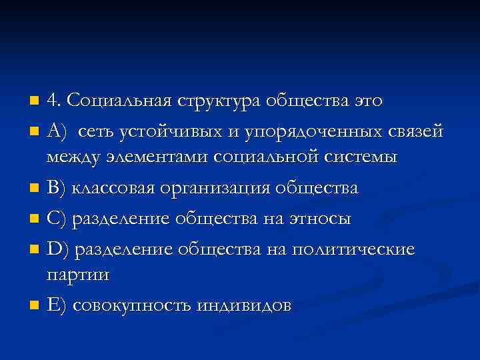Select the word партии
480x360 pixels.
click(78, 275)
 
